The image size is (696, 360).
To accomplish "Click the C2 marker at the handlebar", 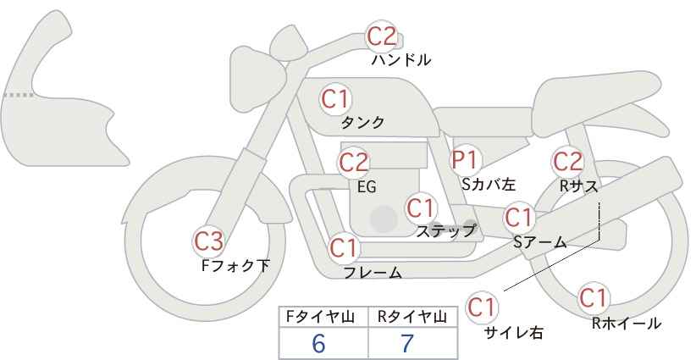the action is [x=382, y=36].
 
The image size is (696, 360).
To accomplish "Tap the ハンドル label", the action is [x=400, y=60].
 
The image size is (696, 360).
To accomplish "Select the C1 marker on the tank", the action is [x=335, y=99].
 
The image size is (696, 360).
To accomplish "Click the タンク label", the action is [x=362, y=123].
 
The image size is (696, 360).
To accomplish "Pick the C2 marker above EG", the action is [x=353, y=163].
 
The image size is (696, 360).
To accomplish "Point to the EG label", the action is [x=367, y=187].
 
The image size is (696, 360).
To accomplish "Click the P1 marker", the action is [x=464, y=160].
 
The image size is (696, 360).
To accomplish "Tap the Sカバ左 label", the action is [x=489, y=184].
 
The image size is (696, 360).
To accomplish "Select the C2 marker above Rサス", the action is [x=567, y=162].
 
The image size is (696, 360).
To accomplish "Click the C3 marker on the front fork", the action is [x=208, y=241].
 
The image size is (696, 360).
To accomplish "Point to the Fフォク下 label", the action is [x=235, y=265].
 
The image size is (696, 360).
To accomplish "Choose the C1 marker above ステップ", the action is [x=421, y=208].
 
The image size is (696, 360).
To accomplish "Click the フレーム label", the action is [x=373, y=273].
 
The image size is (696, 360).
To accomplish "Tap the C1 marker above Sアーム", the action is [x=518, y=218].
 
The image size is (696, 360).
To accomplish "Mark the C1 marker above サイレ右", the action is [x=482, y=307].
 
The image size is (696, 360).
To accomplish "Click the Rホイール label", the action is [x=627, y=324].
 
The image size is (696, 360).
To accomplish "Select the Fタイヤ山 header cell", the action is [x=323, y=317].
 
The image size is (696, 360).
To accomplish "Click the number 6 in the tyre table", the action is [x=318, y=343].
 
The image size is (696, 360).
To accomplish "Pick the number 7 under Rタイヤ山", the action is [x=407, y=343].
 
